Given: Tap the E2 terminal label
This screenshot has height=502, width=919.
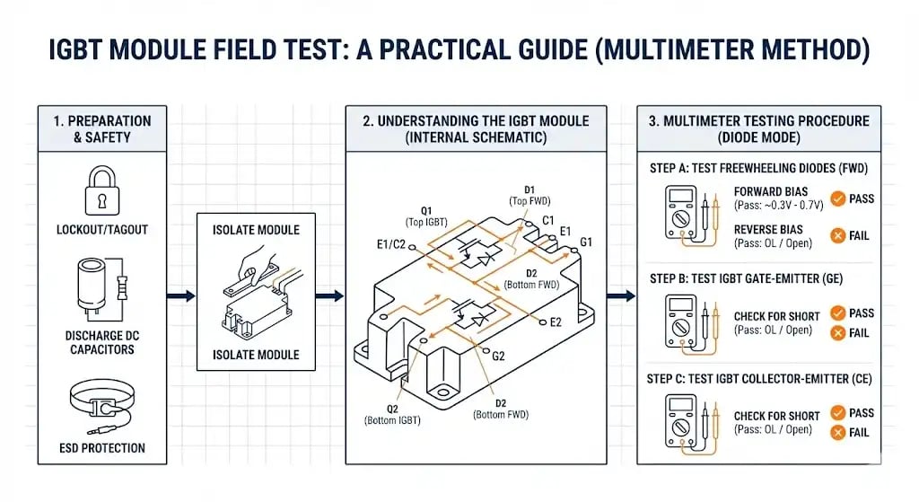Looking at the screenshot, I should click(556, 321).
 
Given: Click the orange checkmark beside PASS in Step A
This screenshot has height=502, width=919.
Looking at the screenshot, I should click(836, 198).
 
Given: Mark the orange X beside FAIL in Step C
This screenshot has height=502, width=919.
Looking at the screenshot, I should click(836, 432).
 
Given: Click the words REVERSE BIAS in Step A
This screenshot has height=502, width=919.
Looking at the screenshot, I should click(769, 230).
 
